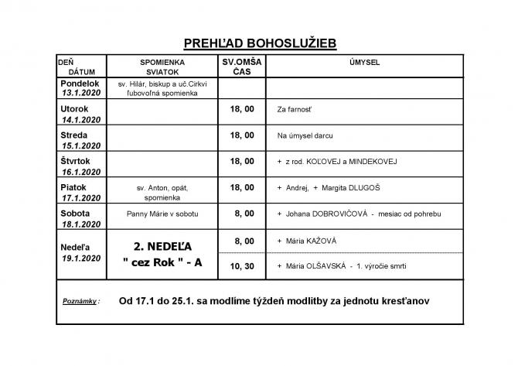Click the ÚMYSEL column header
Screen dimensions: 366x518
tap(363, 60)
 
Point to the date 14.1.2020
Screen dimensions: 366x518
tap(82, 120)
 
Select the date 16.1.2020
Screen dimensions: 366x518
tap(82, 172)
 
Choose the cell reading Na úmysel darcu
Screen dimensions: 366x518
tap(304, 136)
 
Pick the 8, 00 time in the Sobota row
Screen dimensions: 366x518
tap(242, 212)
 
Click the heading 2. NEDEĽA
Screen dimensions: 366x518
tap(162, 246)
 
